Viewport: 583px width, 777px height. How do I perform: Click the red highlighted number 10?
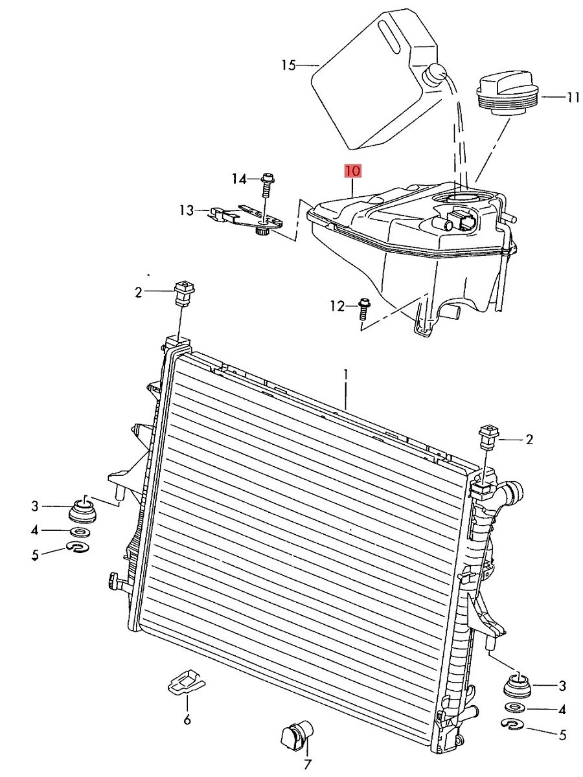tap(353, 172)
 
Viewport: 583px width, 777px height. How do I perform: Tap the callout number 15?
tap(288, 65)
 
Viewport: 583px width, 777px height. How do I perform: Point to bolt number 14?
tap(268, 185)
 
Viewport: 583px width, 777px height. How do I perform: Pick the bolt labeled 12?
tap(363, 309)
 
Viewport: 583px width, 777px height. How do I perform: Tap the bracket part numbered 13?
tap(247, 221)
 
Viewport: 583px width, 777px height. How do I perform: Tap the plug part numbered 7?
tap(297, 734)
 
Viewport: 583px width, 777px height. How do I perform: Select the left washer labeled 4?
tap(80, 532)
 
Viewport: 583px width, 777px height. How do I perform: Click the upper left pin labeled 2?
tap(185, 293)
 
